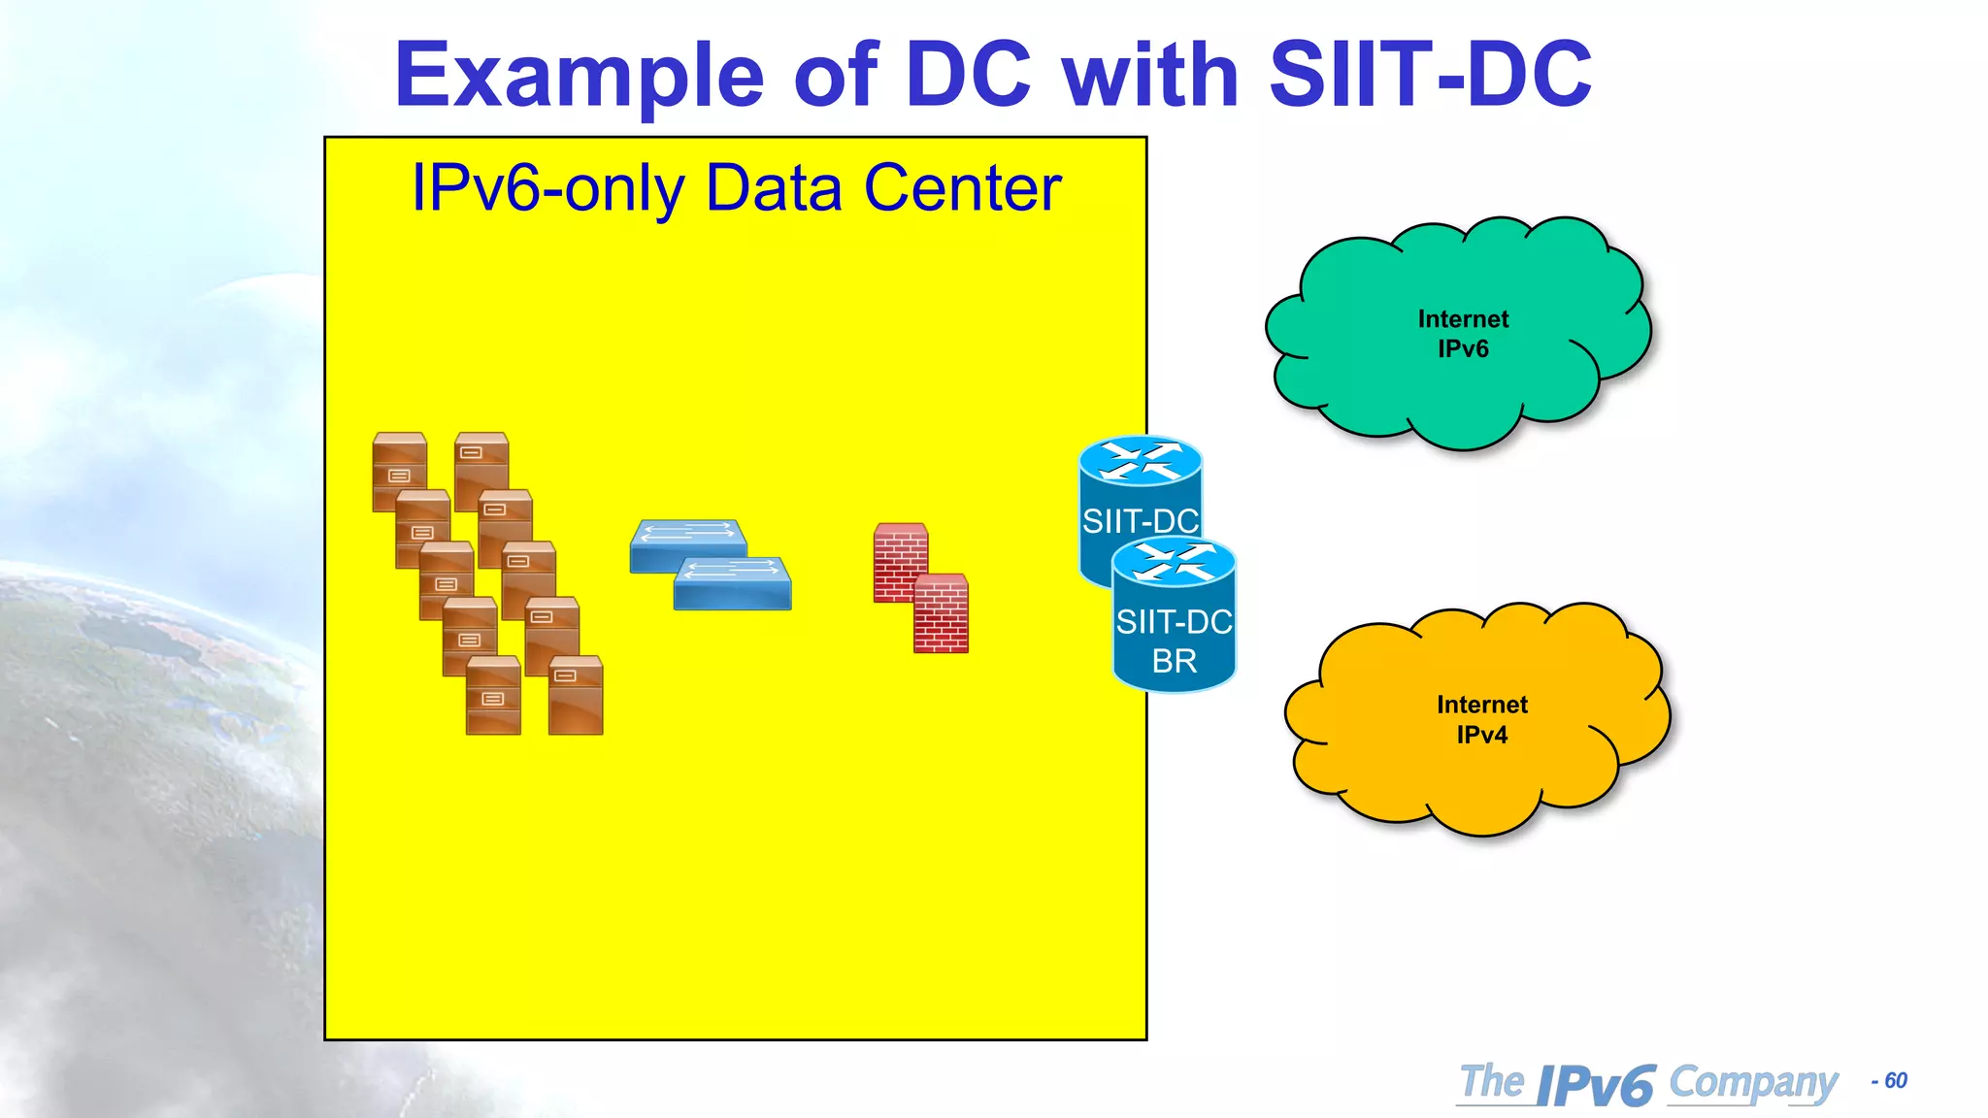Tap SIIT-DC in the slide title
point(1430,76)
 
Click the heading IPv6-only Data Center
point(736,188)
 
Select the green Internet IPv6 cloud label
point(1462,333)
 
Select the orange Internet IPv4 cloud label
point(1481,719)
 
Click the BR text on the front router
point(1174,662)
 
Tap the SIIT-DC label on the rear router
point(1140,521)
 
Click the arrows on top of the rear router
point(1141,460)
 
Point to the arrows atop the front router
point(1174,562)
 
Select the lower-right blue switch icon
point(734,585)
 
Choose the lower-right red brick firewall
point(941,613)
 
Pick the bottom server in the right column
point(576,697)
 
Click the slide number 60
point(1895,1081)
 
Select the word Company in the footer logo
point(1753,1083)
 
